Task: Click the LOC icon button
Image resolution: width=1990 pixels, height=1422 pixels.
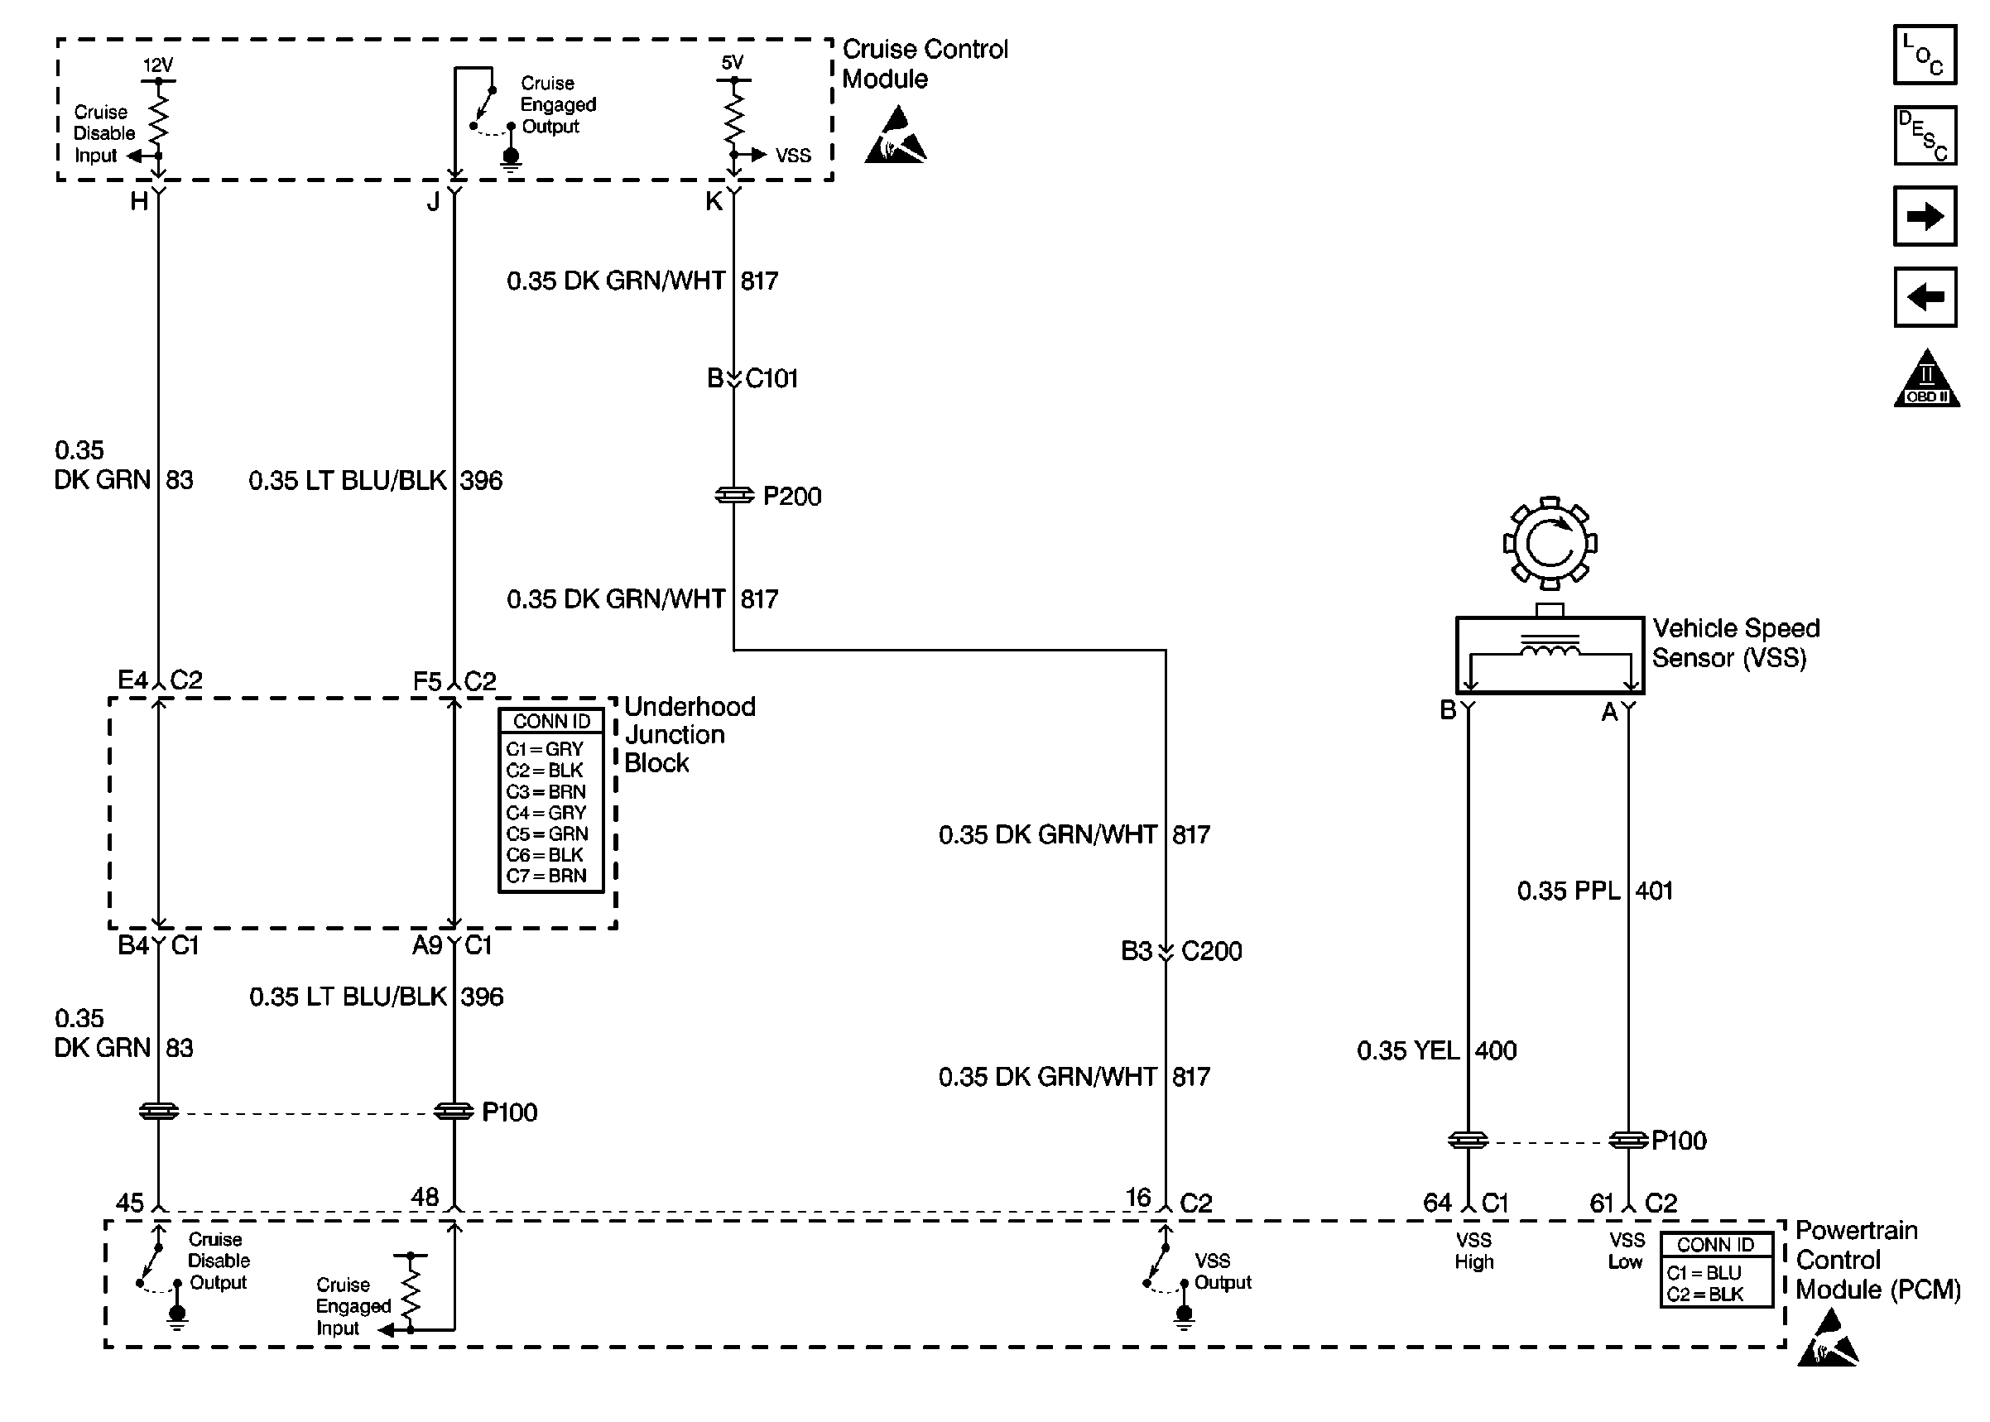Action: pyautogui.click(x=1925, y=55)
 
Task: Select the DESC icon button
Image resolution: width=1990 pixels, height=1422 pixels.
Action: pyautogui.click(x=1925, y=136)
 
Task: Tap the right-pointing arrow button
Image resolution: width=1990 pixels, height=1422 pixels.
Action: pyautogui.click(x=1925, y=216)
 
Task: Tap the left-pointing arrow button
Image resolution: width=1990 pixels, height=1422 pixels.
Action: pyautogui.click(x=1925, y=297)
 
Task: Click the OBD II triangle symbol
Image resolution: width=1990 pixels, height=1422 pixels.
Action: pyautogui.click(x=1926, y=380)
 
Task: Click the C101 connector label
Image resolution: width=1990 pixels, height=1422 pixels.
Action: pyautogui.click(x=771, y=378)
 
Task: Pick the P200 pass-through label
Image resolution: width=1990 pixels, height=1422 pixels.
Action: pyautogui.click(x=791, y=497)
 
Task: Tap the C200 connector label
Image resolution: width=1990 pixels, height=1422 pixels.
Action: pyautogui.click(x=1211, y=951)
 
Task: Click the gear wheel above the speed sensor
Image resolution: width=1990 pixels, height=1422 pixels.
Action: pyautogui.click(x=1550, y=544)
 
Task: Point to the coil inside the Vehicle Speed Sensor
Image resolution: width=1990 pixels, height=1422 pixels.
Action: pyautogui.click(x=1550, y=650)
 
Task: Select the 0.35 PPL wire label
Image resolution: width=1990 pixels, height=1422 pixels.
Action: pyautogui.click(x=1568, y=891)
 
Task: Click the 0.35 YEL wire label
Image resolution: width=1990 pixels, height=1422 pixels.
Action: pyautogui.click(x=1408, y=1050)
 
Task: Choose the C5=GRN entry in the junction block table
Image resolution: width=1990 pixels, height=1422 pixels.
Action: pyautogui.click(x=547, y=834)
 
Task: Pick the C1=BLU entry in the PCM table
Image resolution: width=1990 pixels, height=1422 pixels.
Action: pyautogui.click(x=1704, y=1272)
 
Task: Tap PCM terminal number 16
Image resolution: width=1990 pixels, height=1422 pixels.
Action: pyautogui.click(x=1137, y=1197)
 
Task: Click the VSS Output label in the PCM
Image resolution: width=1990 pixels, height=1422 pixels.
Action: pyautogui.click(x=1222, y=1271)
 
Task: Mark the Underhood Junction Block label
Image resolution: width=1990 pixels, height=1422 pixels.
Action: pyautogui.click(x=688, y=735)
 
